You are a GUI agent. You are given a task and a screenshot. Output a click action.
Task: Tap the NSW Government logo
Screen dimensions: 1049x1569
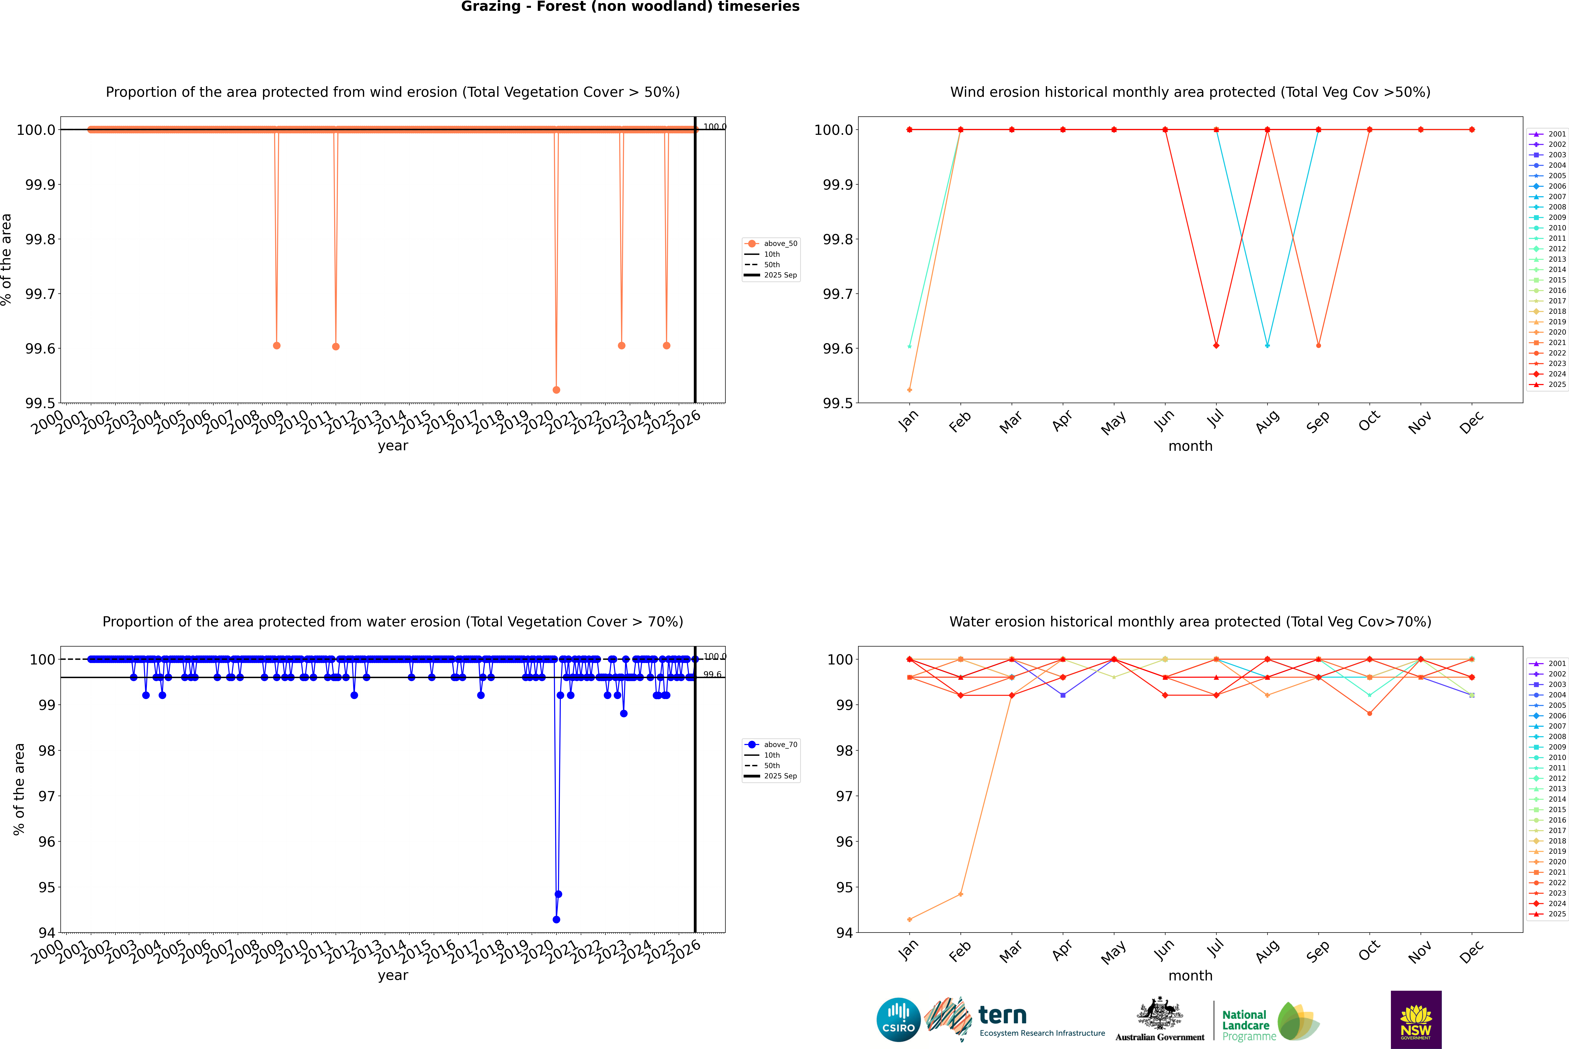pyautogui.click(x=1416, y=1020)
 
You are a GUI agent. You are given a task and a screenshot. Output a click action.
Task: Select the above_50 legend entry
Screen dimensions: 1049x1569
pyautogui.click(x=780, y=244)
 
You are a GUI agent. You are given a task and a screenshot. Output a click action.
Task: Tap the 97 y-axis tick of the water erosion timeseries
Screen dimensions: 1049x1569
pyautogui.click(x=47, y=796)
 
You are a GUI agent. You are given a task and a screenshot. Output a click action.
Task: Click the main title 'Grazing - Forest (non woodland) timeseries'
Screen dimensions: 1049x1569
pyautogui.click(x=630, y=7)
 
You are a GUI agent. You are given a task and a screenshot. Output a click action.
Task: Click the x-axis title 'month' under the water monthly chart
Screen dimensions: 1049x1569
pyautogui.click(x=1190, y=975)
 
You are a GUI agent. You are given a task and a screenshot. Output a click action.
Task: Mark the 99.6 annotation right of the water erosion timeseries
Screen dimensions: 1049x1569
pyautogui.click(x=712, y=674)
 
